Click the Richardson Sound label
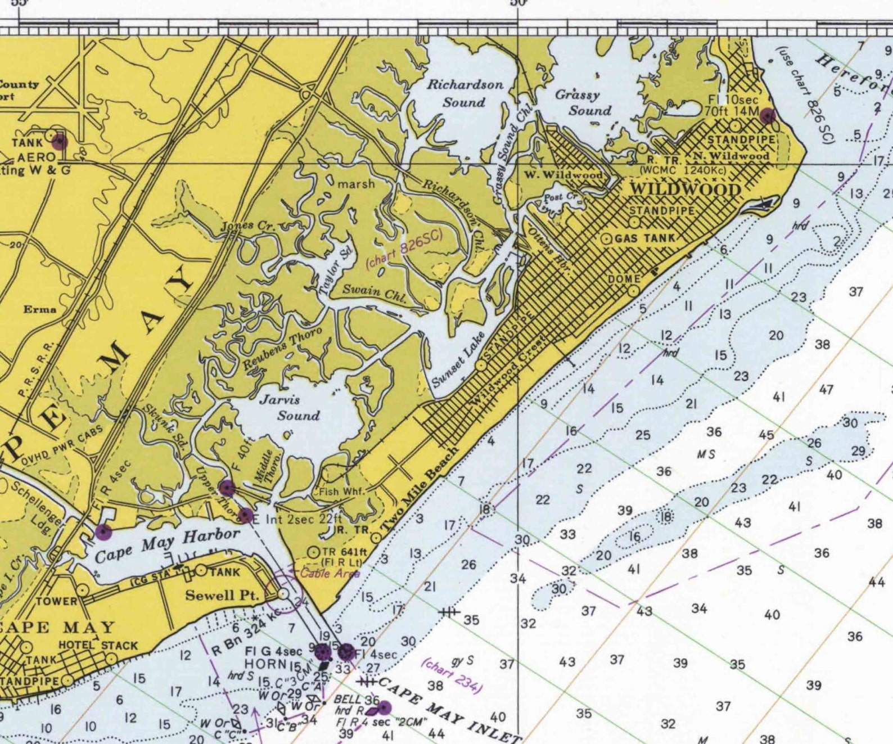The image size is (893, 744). coord(464,93)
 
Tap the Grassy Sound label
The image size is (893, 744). coord(583,102)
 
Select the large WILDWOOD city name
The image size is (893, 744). coord(684,189)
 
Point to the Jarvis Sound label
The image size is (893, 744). coord(290,408)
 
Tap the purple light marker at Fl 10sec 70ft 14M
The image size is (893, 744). coord(767,116)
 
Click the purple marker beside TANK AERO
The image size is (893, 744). coord(60,142)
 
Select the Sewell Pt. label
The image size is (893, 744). coord(222,595)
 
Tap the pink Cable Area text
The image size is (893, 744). coord(330,574)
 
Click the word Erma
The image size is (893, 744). coord(39,309)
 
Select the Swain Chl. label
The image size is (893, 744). coord(375,292)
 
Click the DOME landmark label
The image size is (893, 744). coord(624,279)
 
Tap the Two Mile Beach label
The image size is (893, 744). coord(420,489)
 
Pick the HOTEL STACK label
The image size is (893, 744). coord(98,646)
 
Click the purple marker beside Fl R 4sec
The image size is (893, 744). coord(103,530)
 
